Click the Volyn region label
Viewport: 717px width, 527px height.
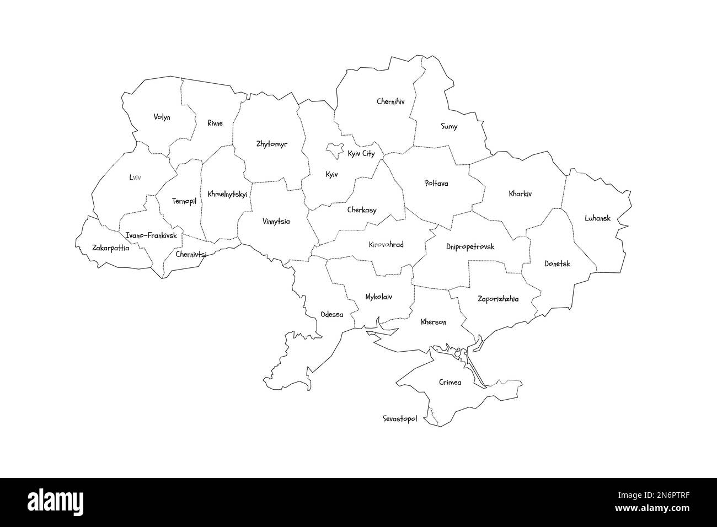162,117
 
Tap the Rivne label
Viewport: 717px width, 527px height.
215,123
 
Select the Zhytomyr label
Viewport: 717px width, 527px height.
271,144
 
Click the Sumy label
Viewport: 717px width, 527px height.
449,127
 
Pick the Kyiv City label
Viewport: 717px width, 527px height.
361,154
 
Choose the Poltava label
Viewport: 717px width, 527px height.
436,183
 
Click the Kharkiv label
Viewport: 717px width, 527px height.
520,194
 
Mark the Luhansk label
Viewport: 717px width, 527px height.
597,218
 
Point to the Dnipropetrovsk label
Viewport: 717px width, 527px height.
470,247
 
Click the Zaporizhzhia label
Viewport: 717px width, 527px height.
497,299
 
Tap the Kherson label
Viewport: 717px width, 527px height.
433,322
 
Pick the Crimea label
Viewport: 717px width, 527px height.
450,382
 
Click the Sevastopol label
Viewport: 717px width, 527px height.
399,419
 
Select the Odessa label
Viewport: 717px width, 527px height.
331,315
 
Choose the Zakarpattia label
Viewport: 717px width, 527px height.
110,248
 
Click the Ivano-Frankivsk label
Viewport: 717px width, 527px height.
151,235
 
